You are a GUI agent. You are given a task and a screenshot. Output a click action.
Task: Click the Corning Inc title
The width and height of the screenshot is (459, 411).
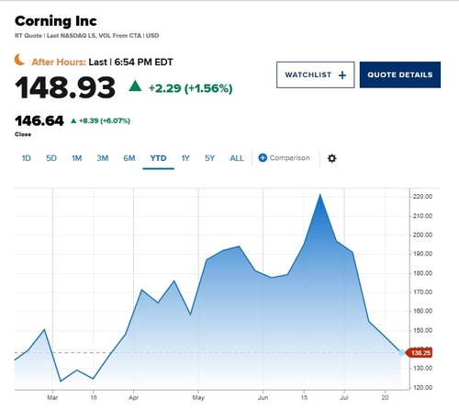point(56,21)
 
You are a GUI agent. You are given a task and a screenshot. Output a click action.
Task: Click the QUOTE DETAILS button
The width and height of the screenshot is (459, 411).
point(400,74)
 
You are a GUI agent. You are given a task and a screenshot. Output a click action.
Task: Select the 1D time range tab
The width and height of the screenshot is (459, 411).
point(27,158)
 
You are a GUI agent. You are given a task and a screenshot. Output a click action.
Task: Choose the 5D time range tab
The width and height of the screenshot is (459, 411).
point(51,158)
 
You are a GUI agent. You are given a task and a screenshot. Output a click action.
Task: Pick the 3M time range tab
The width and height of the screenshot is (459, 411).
point(103,158)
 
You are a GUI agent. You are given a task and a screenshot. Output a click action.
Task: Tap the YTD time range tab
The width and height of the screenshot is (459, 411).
point(158,158)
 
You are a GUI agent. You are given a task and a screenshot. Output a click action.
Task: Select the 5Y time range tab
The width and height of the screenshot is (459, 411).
point(209,158)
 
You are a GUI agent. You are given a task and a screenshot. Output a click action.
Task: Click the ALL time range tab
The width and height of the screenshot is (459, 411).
point(237,158)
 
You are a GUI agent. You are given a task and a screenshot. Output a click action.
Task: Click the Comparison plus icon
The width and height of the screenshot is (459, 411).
point(263,158)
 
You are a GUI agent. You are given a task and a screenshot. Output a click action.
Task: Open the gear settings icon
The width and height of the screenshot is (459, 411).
point(332,158)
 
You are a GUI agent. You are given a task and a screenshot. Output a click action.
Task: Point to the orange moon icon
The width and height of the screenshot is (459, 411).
point(19,60)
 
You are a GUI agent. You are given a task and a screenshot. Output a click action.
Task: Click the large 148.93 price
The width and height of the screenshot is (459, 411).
point(65,88)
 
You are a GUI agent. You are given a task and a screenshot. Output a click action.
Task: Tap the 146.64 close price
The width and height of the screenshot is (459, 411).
point(39,120)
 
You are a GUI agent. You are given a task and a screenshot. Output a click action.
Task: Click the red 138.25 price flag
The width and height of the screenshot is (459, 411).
point(419,353)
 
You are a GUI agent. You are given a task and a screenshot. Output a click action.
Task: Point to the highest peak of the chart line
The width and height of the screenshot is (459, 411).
point(320,194)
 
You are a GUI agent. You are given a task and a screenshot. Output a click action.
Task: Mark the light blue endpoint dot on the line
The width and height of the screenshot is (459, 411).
point(401,353)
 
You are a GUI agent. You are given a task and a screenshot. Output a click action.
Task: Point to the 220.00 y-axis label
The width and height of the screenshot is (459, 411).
point(422,197)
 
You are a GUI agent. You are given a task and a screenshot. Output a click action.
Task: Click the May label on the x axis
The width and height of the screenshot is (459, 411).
point(198,398)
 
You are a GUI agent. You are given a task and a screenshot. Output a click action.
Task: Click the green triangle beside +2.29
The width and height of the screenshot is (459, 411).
point(135,86)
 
